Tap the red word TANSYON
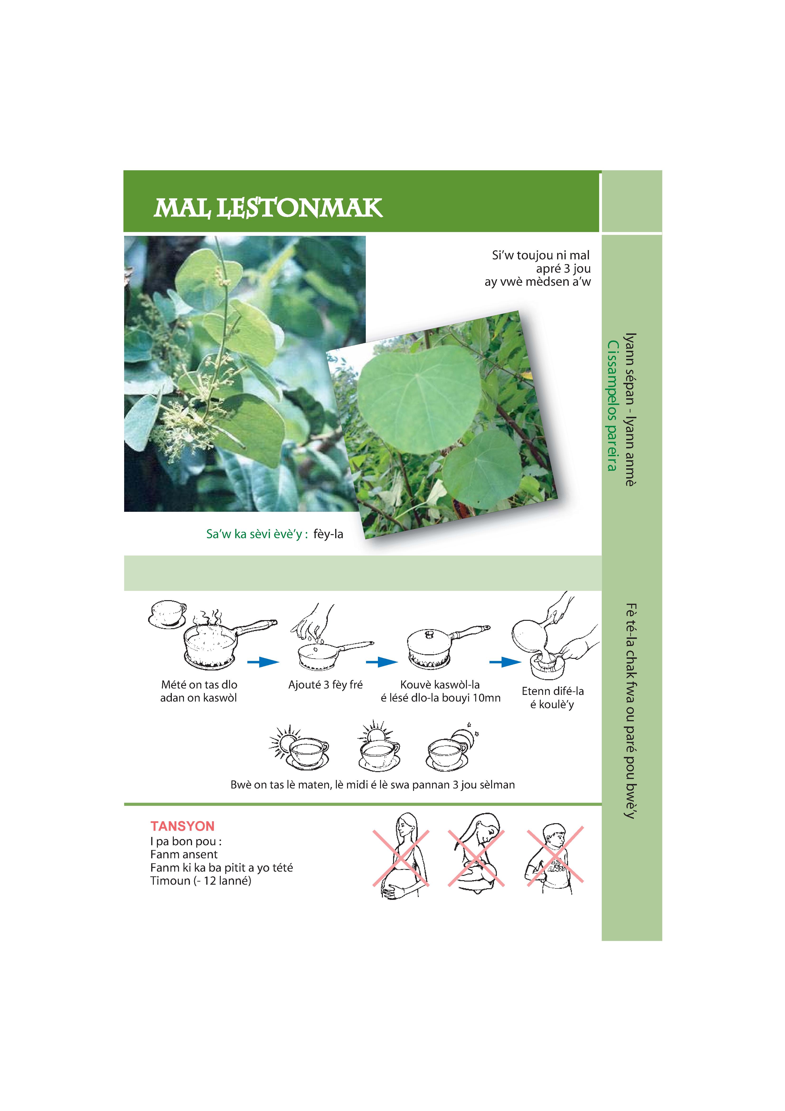[182, 826]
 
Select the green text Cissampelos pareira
[612, 405]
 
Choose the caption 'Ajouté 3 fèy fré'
[325, 685]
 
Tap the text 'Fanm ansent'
[184, 855]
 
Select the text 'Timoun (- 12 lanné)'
[201, 881]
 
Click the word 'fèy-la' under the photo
[329, 534]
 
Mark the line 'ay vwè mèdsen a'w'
[538, 282]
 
